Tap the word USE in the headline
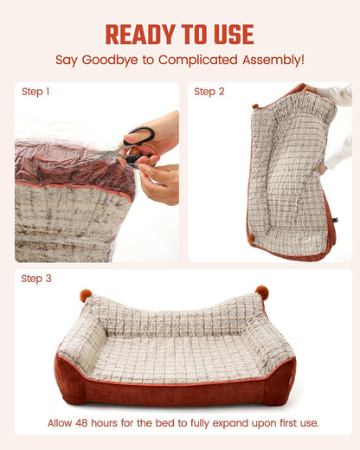click(x=234, y=35)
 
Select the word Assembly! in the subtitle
click(x=273, y=60)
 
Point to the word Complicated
click(x=198, y=60)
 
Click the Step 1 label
click(x=35, y=92)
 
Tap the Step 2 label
click(x=209, y=92)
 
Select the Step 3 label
click(x=36, y=279)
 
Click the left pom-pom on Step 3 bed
click(x=86, y=295)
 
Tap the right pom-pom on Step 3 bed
click(x=262, y=292)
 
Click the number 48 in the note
click(x=82, y=423)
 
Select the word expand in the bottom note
click(x=230, y=424)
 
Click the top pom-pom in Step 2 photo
click(x=255, y=106)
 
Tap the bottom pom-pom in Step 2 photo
click(x=251, y=238)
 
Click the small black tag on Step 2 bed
click(x=335, y=221)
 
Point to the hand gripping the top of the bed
click(x=311, y=89)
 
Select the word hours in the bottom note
click(x=104, y=423)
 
